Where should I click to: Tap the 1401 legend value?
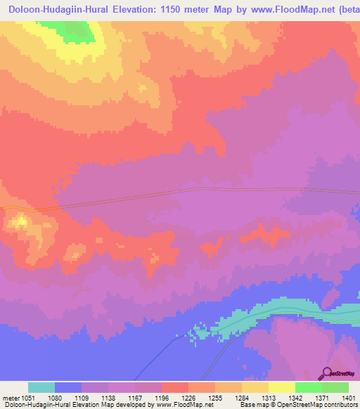pyautogui.click(x=348, y=397)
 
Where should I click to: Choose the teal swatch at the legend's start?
pyautogui.click(x=41, y=387)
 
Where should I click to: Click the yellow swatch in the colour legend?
pyautogui.click(x=281, y=387)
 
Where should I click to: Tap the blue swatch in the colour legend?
pyautogui.click(x=68, y=387)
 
